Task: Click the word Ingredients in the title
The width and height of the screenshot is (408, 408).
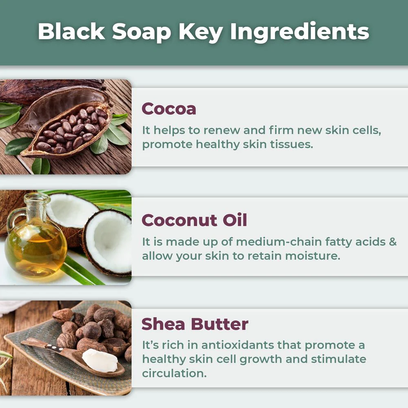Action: pos(299,32)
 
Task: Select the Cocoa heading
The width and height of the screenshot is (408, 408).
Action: pos(169,109)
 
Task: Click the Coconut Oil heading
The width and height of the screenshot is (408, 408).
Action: pos(194,220)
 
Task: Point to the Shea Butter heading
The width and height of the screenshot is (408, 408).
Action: pos(195,324)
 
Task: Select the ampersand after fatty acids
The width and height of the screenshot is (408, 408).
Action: pos(392,242)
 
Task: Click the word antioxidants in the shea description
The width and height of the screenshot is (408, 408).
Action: pos(237,345)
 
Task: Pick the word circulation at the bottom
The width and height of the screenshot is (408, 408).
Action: pos(174,373)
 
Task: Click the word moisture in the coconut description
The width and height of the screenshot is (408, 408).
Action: pos(313,256)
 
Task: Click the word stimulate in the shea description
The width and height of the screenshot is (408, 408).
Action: pos(339,359)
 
